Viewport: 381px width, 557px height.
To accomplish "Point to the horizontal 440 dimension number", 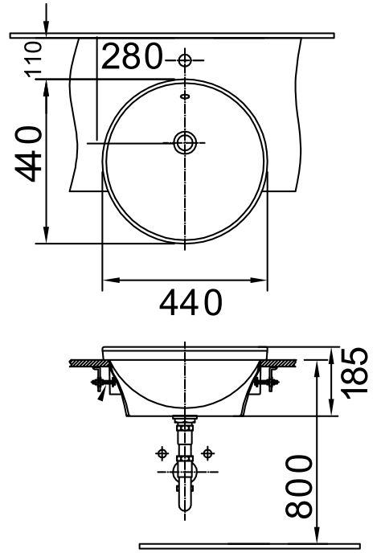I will tap(191, 304).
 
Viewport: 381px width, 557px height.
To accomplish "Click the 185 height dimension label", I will tap(355, 374).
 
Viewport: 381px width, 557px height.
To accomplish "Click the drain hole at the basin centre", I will tap(186, 142).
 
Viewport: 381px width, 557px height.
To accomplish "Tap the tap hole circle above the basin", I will tap(186, 60).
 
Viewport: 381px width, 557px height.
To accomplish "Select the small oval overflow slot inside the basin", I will tap(186, 96).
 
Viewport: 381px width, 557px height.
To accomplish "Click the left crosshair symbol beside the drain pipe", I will tap(161, 453).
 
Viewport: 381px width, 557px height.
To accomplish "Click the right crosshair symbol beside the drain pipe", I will tap(209, 453).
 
